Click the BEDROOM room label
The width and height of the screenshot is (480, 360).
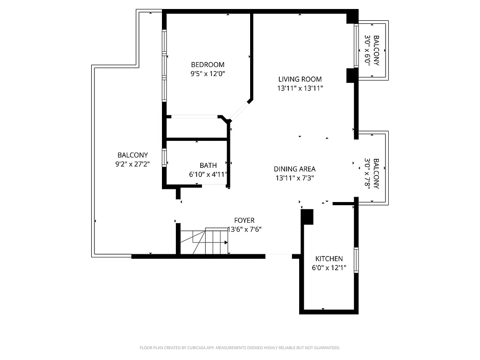pos(207,65)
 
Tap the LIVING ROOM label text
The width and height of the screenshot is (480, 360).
pos(300,79)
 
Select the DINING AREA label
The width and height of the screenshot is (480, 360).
pos(295,169)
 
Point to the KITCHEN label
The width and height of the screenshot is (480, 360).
pos(329,259)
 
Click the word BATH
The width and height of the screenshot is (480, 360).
pos(208,166)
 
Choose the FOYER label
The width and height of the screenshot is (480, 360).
pos(244,220)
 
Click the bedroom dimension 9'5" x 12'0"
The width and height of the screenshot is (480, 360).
pos(207,74)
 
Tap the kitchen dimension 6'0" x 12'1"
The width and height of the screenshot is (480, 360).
pos(329,268)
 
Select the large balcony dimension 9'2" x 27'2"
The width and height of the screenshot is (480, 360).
pos(132,164)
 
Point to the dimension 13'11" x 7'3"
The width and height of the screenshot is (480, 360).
pos(295,178)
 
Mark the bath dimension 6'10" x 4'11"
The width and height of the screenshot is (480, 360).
pos(208,175)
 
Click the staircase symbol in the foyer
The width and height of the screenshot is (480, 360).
pos(205,242)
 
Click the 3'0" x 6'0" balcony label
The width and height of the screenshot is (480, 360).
pos(372,51)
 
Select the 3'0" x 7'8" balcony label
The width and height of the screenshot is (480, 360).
pos(372,173)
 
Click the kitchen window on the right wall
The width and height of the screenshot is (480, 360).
pos(356,260)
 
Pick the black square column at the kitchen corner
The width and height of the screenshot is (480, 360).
pos(307,217)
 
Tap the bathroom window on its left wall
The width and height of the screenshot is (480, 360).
pos(165,158)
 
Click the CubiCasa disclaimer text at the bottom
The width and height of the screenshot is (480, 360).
pos(240,348)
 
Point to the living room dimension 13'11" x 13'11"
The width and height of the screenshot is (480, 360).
pos(300,88)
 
